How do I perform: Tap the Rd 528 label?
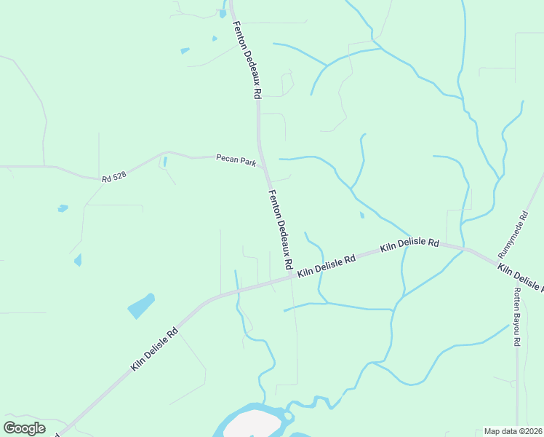(x=114, y=177)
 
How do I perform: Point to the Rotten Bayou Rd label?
(x=517, y=317)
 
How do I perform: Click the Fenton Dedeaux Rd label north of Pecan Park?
(x=247, y=60)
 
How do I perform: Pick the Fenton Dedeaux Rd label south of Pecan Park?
(x=281, y=228)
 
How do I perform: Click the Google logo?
(x=24, y=428)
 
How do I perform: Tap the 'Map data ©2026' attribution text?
(x=513, y=431)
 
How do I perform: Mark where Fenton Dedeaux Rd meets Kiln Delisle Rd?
(x=294, y=275)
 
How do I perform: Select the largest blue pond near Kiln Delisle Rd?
(x=142, y=306)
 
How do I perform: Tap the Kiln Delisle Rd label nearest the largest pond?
(x=155, y=350)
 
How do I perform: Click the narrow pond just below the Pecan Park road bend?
(x=165, y=161)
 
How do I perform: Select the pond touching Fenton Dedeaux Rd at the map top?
(x=223, y=12)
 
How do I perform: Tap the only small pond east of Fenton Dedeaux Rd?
(x=361, y=215)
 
